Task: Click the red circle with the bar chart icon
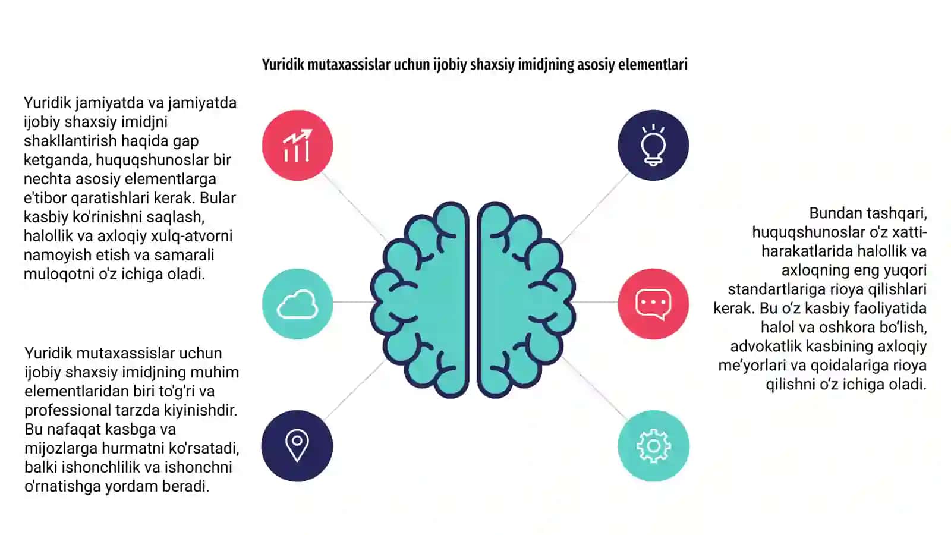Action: pyautogui.click(x=297, y=145)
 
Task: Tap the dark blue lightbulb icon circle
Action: pyautogui.click(x=653, y=145)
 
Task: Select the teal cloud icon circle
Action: pyautogui.click(x=297, y=304)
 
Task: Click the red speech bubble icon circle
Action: pyautogui.click(x=653, y=304)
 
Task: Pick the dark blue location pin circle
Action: pyautogui.click(x=297, y=446)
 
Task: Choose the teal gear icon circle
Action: pyautogui.click(x=653, y=446)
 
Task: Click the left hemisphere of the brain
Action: pyautogui.click(x=420, y=300)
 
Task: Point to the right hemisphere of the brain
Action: pyautogui.click(x=527, y=300)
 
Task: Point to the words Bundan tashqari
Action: pyautogui.click(x=868, y=213)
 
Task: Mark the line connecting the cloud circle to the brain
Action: pyautogui.click(x=353, y=302)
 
